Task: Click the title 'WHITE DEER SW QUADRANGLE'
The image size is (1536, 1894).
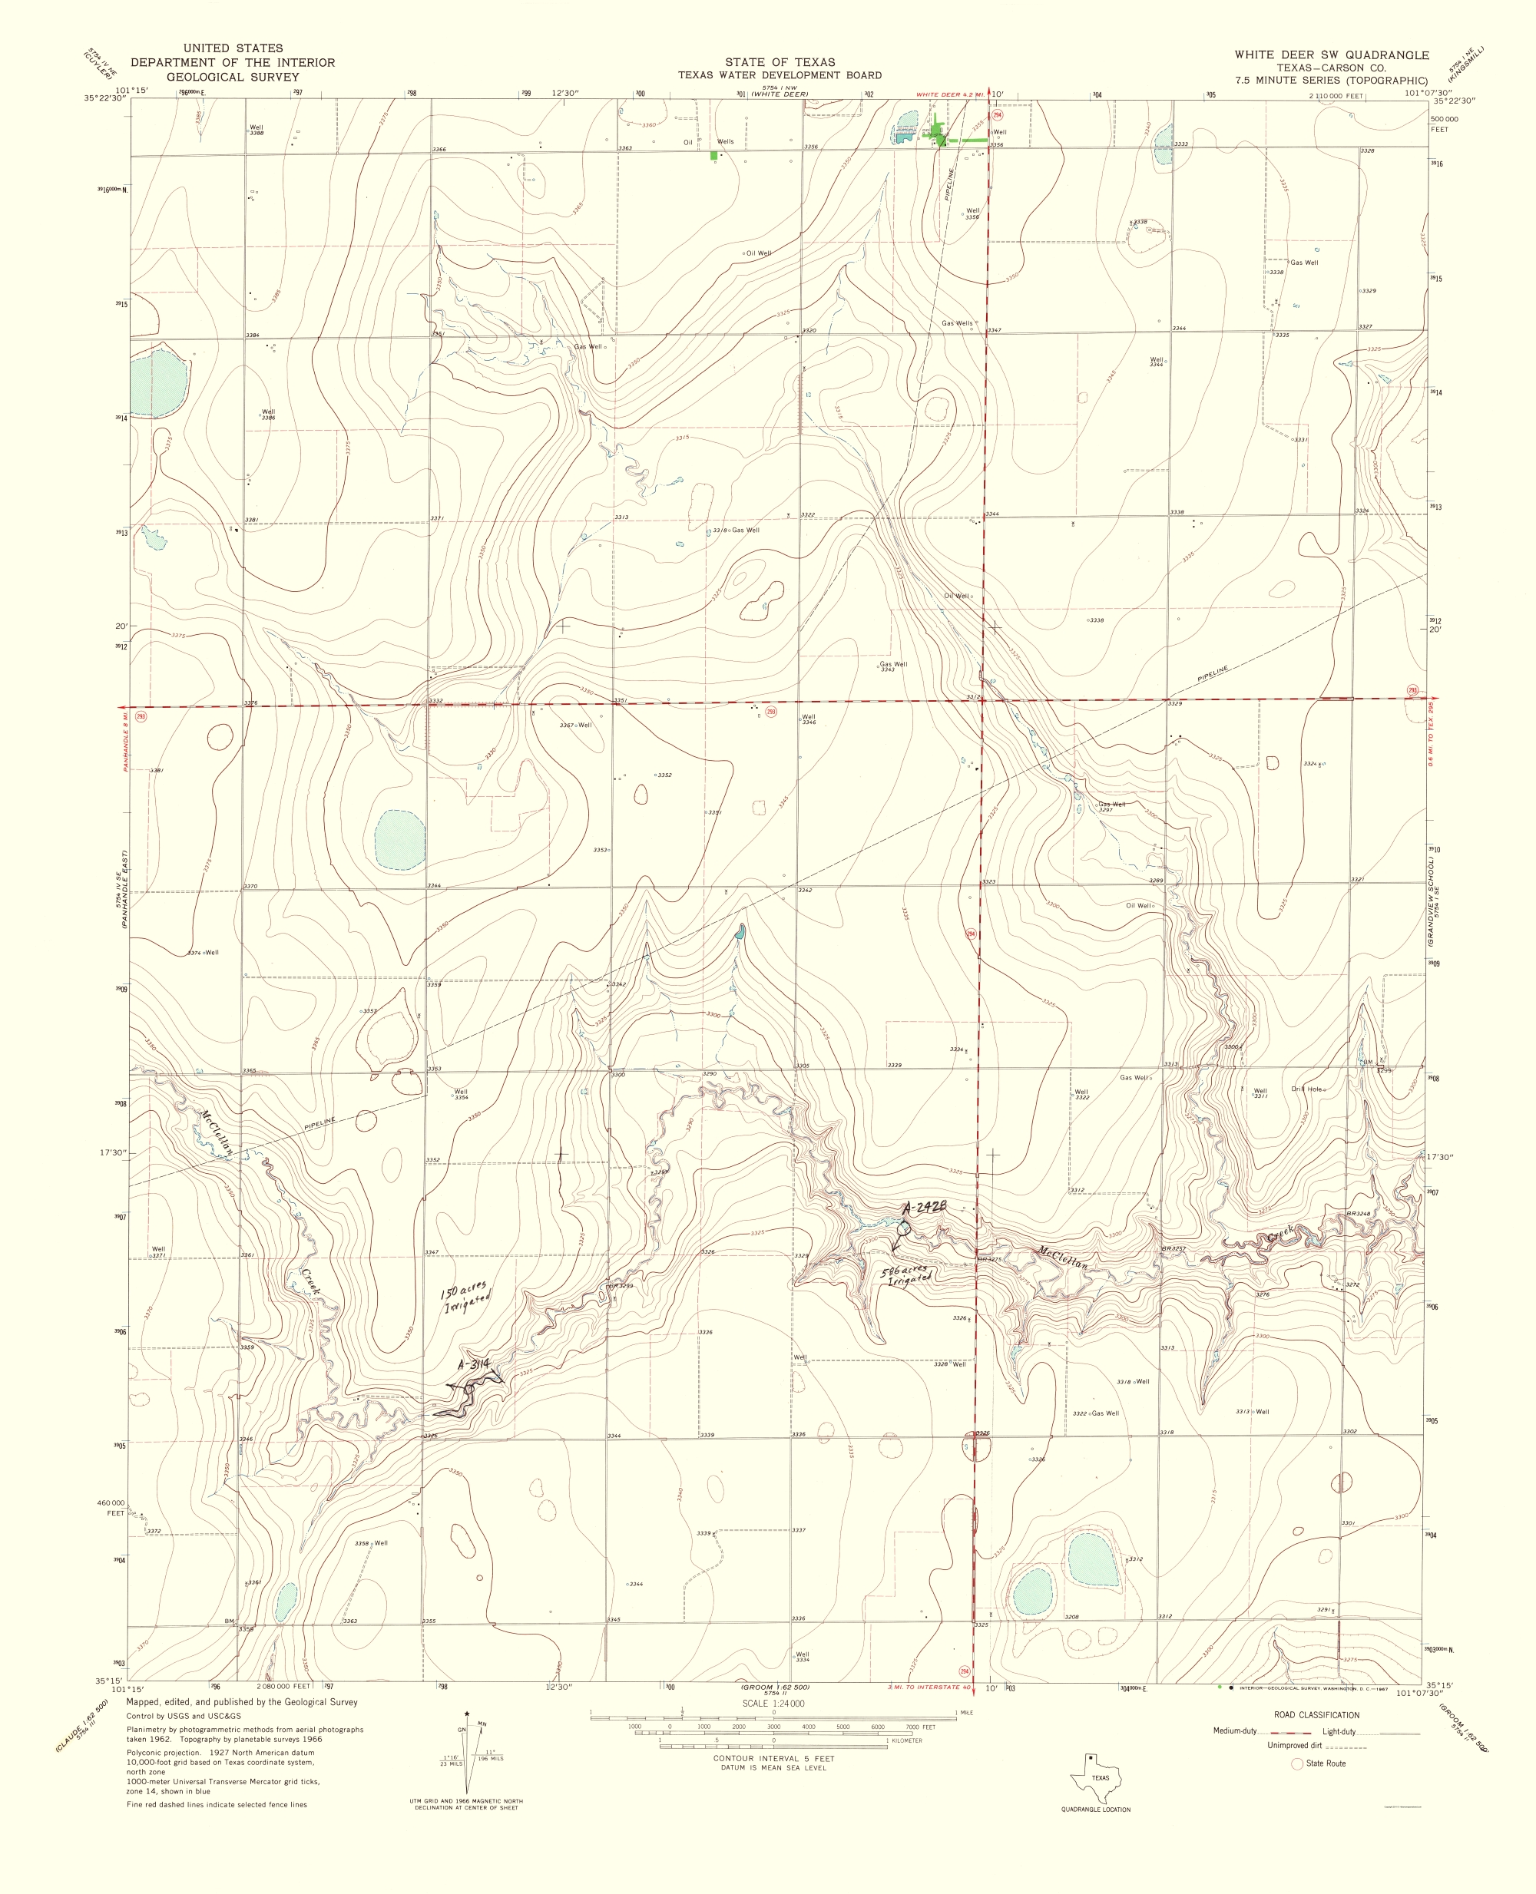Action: [x=1332, y=55]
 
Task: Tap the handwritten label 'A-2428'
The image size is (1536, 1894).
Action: [x=925, y=1208]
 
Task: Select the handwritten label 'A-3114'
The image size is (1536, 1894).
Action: [x=473, y=1365]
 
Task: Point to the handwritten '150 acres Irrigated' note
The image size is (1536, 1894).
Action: [x=465, y=1297]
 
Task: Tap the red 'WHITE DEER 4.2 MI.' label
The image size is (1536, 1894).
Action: [x=949, y=94]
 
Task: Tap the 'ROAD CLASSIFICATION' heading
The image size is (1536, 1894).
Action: [x=1316, y=1714]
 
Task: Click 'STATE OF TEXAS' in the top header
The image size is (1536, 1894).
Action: [x=780, y=62]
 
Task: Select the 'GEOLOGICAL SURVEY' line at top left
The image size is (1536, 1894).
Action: [x=233, y=77]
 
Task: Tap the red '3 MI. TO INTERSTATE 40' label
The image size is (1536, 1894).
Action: [x=929, y=1687]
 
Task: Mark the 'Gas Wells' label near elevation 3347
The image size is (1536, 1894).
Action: [x=956, y=324]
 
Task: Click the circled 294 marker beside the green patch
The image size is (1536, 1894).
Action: [x=998, y=115]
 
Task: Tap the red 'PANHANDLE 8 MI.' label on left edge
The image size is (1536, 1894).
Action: [x=127, y=739]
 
